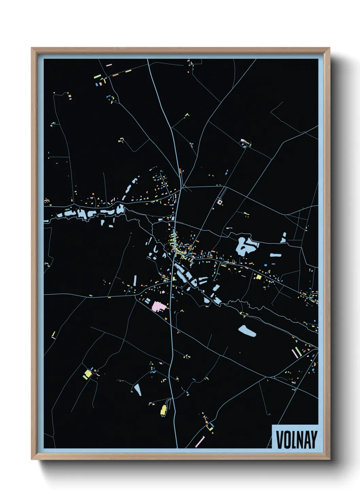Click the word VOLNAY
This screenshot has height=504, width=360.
coord(296,439)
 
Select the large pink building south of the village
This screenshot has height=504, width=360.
coord(159,305)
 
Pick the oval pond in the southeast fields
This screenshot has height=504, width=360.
coord(247,330)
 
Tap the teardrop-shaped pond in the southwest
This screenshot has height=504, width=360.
coord(137,390)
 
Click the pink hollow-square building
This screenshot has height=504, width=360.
coord(220,202)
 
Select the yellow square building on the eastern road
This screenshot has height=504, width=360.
coord(259,277)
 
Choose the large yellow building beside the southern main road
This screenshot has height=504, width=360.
coord(163,410)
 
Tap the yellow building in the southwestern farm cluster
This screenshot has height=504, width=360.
coord(88,374)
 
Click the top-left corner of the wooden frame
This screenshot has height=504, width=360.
coord(32,48)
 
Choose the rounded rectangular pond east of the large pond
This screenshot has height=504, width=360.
coord(276,255)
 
